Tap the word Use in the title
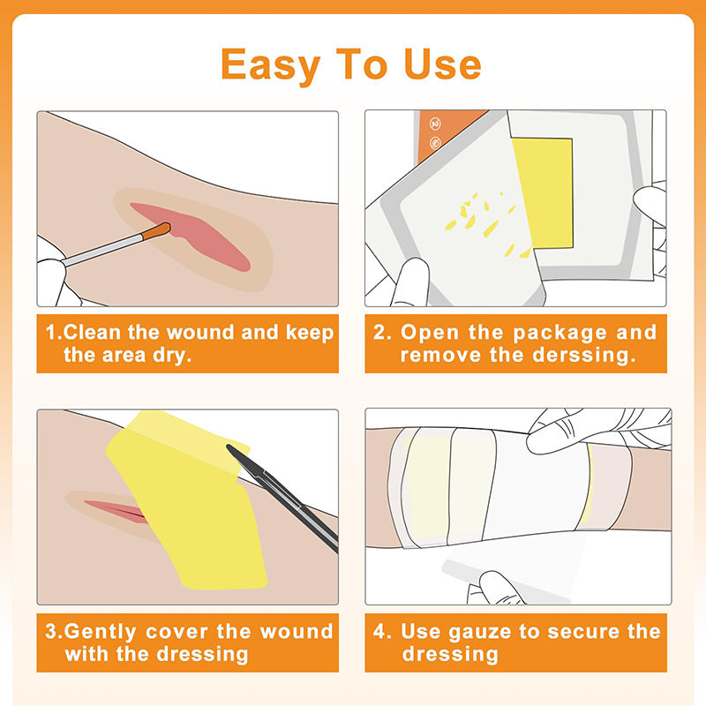point(443,64)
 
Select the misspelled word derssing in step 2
point(584,356)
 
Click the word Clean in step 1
point(93,333)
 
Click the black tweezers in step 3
point(282,497)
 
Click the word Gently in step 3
point(100,632)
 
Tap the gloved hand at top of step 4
point(594,430)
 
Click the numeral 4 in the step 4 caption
point(379,631)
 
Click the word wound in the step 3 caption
point(297,631)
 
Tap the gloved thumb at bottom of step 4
point(500,588)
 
